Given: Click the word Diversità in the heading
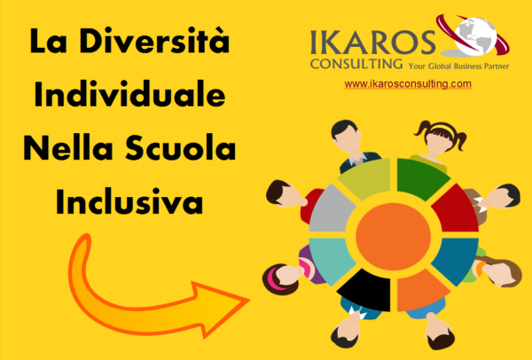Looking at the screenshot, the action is click(155, 41).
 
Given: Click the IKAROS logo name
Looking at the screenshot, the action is click(372, 43).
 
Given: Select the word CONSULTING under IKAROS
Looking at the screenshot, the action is click(356, 64).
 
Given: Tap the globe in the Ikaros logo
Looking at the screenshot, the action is click(475, 34).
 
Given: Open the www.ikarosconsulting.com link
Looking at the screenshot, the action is click(408, 84).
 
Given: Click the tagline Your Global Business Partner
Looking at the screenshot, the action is click(458, 66).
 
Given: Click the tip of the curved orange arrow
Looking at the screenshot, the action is click(249, 300).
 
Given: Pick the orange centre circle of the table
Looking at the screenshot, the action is click(393, 237).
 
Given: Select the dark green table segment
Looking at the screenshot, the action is click(420, 178).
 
